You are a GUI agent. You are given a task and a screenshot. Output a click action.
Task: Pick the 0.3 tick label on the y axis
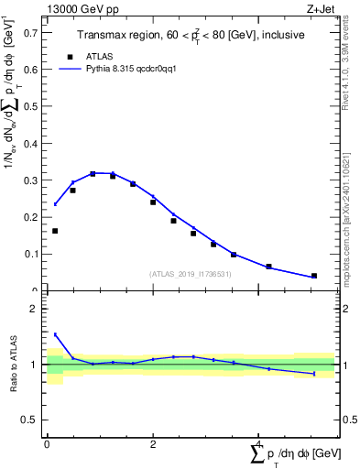pyautogui.click(x=34, y=180)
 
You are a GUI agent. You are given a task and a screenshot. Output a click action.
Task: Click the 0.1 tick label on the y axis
pyautogui.click(x=34, y=254)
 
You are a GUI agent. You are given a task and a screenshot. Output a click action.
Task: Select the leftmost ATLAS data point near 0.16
pyautogui.click(x=55, y=231)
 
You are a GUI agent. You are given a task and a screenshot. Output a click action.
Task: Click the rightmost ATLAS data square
pyautogui.click(x=314, y=276)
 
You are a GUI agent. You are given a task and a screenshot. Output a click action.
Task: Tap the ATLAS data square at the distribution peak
pyautogui.click(x=93, y=173)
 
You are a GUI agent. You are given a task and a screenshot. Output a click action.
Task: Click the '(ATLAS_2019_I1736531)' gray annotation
pyautogui.click(x=191, y=274)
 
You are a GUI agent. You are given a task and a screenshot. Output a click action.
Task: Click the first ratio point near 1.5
pyautogui.click(x=55, y=334)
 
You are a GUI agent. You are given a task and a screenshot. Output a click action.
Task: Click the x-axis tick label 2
pyautogui.click(x=153, y=444)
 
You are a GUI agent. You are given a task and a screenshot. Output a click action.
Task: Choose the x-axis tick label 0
pyautogui.click(x=47, y=444)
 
